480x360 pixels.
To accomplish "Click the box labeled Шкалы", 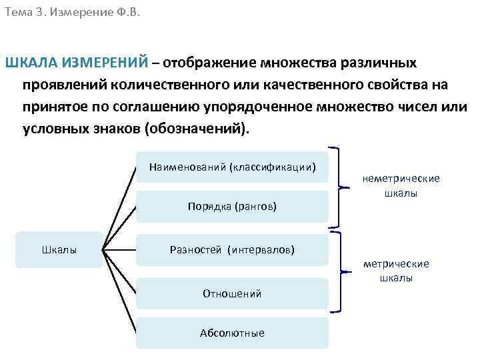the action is [59, 250].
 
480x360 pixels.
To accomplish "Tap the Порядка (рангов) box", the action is [233, 207].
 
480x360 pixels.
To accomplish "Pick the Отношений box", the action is [233, 293].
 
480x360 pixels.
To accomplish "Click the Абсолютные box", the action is [233, 333].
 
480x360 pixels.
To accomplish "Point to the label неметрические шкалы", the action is [401, 186].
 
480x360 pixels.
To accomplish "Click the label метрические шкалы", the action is [396, 271].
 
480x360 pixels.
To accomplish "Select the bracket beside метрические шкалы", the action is [342, 271].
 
